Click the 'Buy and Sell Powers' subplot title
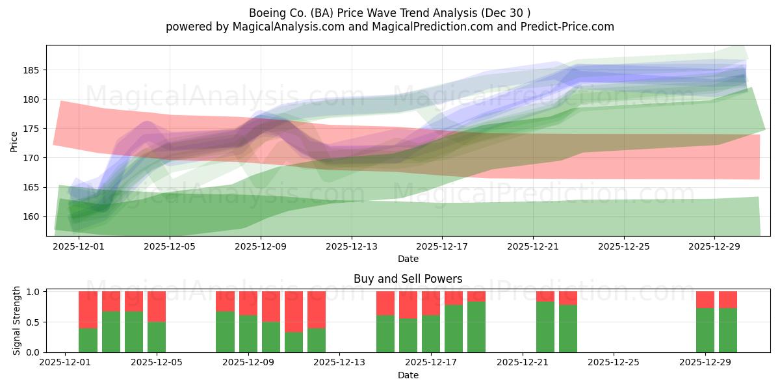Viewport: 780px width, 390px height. pyautogui.click(x=408, y=279)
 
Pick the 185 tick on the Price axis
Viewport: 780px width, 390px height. pyautogui.click(x=32, y=70)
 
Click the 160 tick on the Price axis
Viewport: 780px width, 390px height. pyautogui.click(x=32, y=216)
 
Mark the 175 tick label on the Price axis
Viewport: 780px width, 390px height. pyautogui.click(x=32, y=129)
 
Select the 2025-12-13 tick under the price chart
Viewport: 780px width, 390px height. pyautogui.click(x=352, y=247)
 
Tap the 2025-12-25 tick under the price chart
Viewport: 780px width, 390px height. pyautogui.click(x=624, y=247)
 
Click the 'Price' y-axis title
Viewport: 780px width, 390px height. pyautogui.click(x=14, y=140)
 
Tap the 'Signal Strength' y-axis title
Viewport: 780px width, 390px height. pyautogui.click(x=18, y=321)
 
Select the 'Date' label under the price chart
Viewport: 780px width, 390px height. pyautogui.click(x=408, y=259)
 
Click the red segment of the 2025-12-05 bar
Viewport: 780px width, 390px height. pyautogui.click(x=157, y=306)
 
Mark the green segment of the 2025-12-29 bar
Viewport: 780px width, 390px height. pyautogui.click(x=705, y=330)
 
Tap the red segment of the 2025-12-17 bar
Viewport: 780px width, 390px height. pyautogui.click(x=431, y=303)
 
